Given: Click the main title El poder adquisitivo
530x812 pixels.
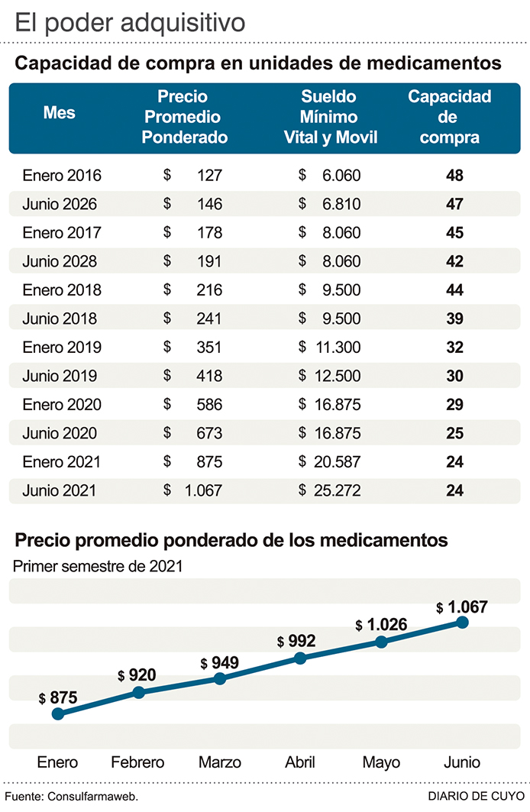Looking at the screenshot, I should tap(131, 22).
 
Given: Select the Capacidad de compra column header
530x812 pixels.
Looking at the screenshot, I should tap(449, 117).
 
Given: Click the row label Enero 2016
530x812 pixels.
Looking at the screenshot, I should tap(62, 176).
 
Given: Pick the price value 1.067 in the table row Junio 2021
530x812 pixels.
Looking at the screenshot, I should tap(203, 490).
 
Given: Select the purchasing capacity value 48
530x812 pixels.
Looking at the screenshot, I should tap(454, 176).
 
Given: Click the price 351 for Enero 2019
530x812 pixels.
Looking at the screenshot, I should tap(208, 348).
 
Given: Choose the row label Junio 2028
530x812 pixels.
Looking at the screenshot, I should tap(60, 261).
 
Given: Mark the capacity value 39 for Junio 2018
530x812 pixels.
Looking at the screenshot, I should tap(454, 319).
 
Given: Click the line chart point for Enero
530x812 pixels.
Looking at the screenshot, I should tap(57, 713).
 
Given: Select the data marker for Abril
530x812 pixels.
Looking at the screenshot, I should tap(301, 658).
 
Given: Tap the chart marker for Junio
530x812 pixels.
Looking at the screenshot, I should tap(462, 622).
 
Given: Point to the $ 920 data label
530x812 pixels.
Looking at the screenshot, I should tap(137, 675).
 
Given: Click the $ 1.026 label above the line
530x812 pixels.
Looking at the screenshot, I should tap(382, 624).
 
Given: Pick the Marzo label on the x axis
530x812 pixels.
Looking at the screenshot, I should tap(220, 762).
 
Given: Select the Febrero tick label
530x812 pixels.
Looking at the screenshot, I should tap(137, 762).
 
